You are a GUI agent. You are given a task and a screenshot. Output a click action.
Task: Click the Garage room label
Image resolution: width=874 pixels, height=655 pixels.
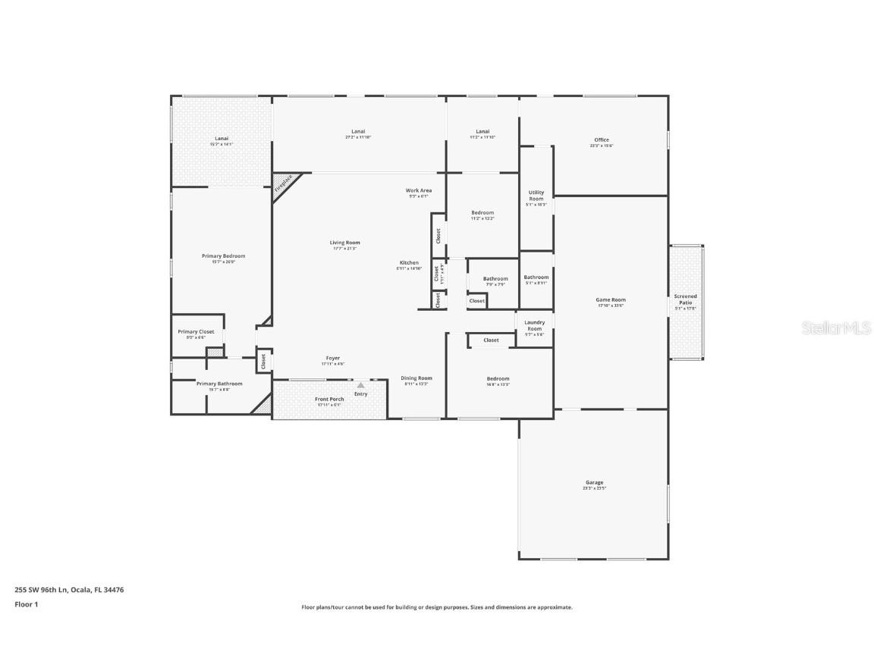[594, 483]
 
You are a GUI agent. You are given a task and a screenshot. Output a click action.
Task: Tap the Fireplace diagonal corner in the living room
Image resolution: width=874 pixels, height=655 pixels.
[285, 186]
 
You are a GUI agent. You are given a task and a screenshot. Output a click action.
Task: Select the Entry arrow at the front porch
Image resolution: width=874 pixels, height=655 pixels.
[361, 385]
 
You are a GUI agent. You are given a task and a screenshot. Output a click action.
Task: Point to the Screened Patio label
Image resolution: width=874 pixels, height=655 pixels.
[686, 299]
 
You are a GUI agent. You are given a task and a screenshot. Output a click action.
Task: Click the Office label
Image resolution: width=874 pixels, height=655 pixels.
[602, 139]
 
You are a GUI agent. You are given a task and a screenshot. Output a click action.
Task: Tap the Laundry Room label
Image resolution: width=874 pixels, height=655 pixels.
[534, 325]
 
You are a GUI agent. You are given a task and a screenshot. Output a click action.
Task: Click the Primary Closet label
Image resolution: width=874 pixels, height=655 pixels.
[196, 331]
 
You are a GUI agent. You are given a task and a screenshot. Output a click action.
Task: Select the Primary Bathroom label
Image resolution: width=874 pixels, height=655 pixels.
[219, 384]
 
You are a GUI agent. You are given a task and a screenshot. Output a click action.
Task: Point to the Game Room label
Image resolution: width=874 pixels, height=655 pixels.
[611, 299]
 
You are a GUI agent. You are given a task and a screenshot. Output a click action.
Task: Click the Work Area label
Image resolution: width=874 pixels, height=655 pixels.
[419, 190]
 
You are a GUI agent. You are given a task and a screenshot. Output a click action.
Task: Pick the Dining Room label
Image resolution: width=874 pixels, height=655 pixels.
[417, 378]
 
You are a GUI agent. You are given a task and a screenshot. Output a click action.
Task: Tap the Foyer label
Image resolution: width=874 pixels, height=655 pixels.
[333, 358]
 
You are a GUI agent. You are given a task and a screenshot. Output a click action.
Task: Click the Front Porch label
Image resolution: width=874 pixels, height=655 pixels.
[329, 399]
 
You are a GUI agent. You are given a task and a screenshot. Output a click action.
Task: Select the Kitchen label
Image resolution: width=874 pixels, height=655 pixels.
[408, 263]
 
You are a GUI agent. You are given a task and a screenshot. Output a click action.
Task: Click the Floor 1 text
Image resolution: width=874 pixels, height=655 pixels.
[26, 604]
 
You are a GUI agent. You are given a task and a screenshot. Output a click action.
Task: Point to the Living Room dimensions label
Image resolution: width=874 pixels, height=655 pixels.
[344, 249]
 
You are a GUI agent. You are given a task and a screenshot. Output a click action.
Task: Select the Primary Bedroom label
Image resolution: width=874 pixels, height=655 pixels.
[223, 256]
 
